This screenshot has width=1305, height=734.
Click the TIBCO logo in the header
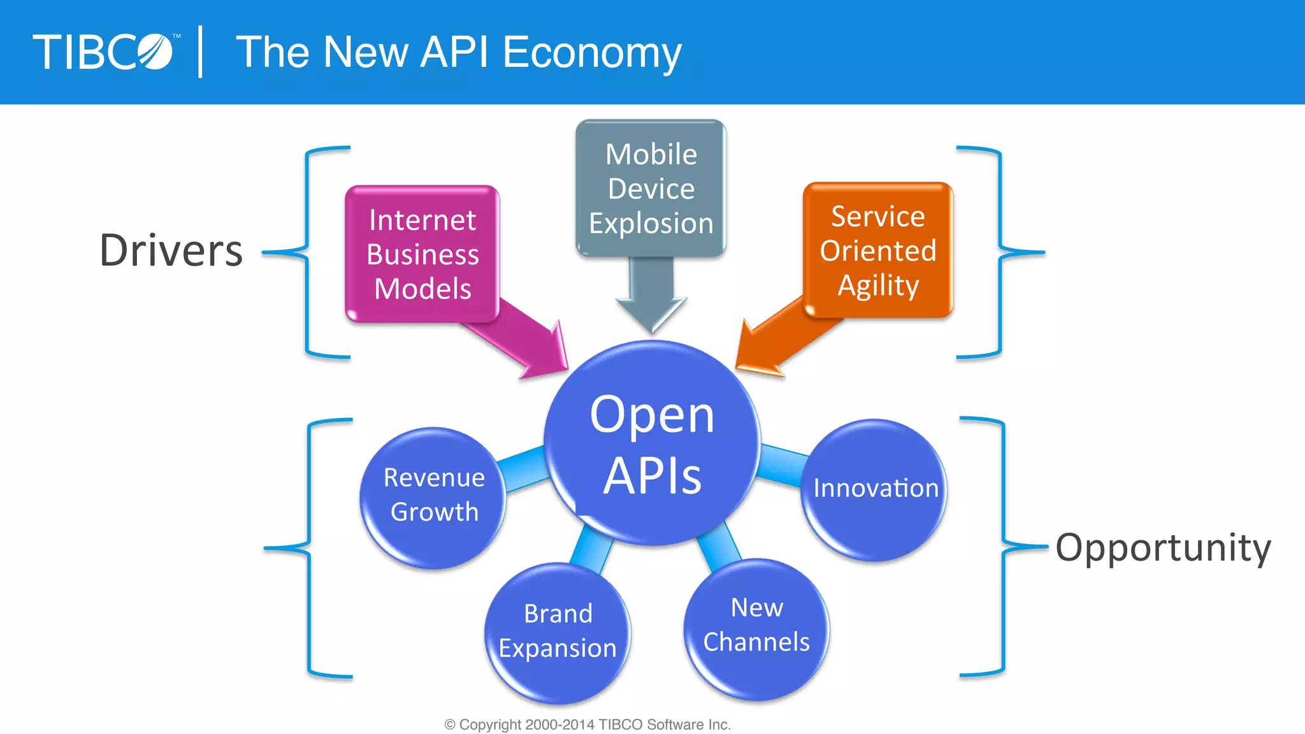click(x=103, y=52)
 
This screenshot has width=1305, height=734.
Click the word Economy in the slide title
click(x=592, y=52)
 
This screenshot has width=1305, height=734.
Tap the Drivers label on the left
click(x=171, y=250)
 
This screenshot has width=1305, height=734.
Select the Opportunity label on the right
click(x=1163, y=548)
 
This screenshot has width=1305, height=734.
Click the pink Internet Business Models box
click(x=422, y=254)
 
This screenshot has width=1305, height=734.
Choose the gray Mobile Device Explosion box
click(x=651, y=189)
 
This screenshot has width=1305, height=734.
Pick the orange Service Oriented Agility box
click(x=878, y=250)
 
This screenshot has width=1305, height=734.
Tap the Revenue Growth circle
click(x=433, y=497)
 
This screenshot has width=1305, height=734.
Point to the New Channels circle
click(x=756, y=628)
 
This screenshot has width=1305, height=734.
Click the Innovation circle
click(x=875, y=489)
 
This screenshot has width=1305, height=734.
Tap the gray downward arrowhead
click(x=651, y=312)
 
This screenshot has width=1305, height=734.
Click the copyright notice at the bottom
click(x=587, y=724)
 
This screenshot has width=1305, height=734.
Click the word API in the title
click(x=454, y=52)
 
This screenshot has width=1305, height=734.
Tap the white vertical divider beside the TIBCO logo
click(x=201, y=52)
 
